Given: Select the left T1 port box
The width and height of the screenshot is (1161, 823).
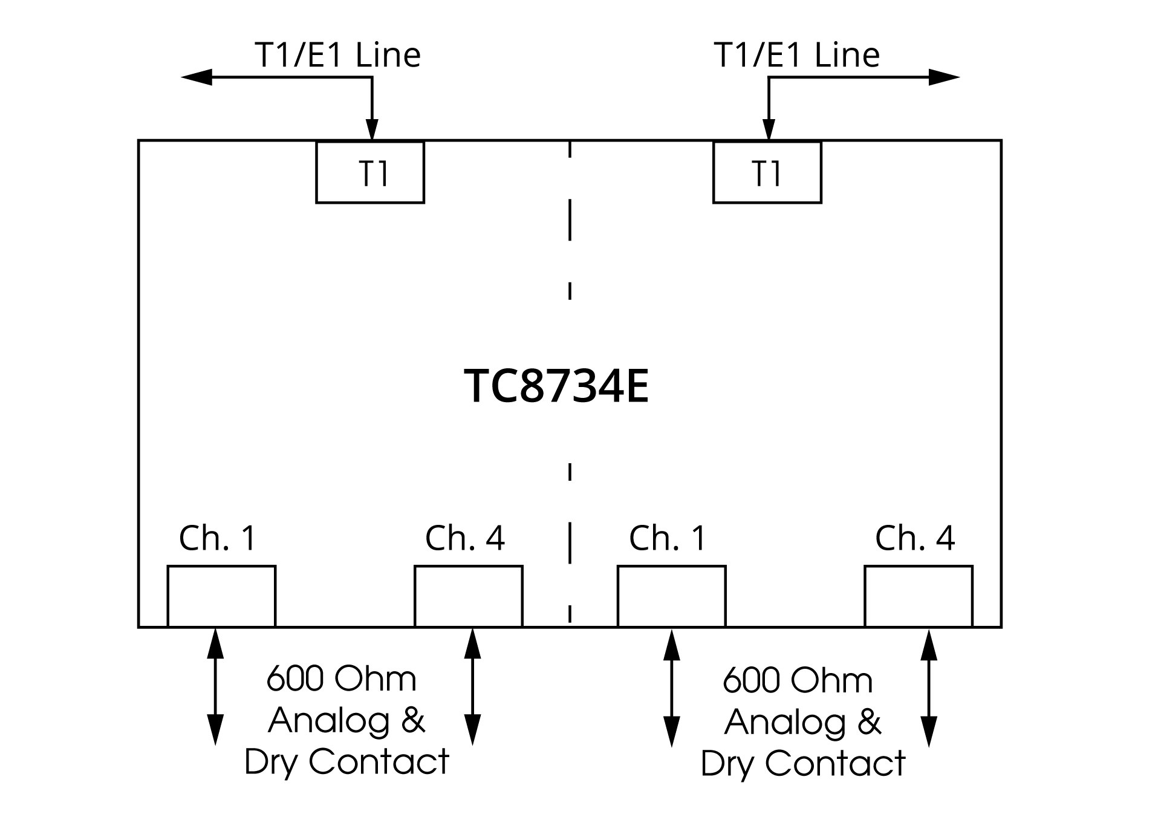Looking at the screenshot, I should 370,172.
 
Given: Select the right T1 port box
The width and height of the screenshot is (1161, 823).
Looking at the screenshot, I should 767,172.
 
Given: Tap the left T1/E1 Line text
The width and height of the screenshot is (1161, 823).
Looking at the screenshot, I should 337,55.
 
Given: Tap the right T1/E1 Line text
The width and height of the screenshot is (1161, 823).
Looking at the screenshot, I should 796,55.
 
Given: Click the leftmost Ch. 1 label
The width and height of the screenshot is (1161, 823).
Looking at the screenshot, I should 218,538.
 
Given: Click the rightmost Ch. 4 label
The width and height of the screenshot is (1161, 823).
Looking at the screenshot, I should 914,538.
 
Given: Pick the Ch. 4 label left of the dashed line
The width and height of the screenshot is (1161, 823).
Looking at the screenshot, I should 464,538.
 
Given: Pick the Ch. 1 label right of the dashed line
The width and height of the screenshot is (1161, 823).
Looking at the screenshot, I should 668,538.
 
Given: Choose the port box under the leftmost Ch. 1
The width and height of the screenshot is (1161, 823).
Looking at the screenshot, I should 221,596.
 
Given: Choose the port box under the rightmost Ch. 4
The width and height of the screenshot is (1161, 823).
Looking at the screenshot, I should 918,596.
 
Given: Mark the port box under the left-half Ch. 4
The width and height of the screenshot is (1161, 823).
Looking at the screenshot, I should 468,596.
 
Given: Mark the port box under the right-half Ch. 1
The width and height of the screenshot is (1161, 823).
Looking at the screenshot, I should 671,596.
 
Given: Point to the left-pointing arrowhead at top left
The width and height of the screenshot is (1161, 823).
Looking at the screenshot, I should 196,77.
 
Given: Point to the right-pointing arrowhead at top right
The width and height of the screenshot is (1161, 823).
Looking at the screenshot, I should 945,77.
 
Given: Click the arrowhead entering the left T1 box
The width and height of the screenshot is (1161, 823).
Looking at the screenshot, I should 372,130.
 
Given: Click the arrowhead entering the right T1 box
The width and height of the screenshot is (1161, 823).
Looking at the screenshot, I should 769,130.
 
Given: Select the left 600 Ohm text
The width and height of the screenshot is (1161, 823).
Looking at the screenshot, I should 342,679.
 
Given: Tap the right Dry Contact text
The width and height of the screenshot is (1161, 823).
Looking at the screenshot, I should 803,763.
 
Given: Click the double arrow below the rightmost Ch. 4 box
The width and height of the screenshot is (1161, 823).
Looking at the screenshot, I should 929,688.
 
